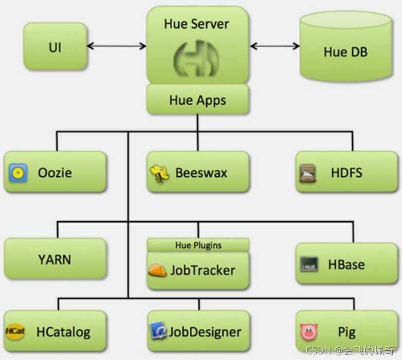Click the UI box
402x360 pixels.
pos(55,48)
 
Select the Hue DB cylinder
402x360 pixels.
pos(345,51)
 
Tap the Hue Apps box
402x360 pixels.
pos(197,100)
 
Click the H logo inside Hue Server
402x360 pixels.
pos(196,59)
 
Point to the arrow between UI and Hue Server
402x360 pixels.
pos(117,46)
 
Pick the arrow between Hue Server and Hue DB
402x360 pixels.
pos(275,46)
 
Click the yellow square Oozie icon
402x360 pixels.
pos(18,173)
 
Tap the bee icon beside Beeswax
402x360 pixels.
pos(159,174)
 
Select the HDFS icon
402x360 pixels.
pos(308,174)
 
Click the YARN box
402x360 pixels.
pos(55,259)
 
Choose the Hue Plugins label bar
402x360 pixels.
pos(198,245)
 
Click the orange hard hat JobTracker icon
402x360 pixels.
pos(158,271)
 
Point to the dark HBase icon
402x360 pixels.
pos(309,264)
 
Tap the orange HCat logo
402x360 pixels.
pos(15,332)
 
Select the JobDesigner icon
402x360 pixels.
pos(159,331)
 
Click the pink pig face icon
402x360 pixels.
pos(308,332)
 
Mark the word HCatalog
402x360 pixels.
pos(63,332)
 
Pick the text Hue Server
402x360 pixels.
pos(196,24)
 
